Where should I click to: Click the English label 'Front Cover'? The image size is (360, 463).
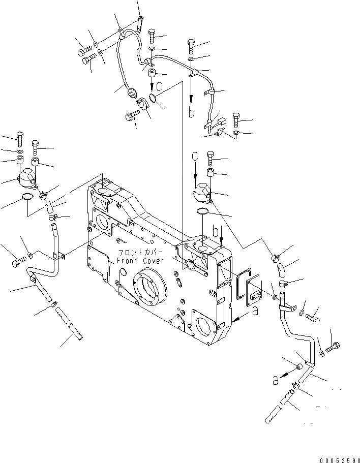[x=140, y=261]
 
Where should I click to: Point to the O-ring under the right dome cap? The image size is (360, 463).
[x=202, y=211]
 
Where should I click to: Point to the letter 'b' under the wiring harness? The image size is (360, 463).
[x=192, y=113]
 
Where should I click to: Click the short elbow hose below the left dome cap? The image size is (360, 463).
[x=49, y=206]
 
